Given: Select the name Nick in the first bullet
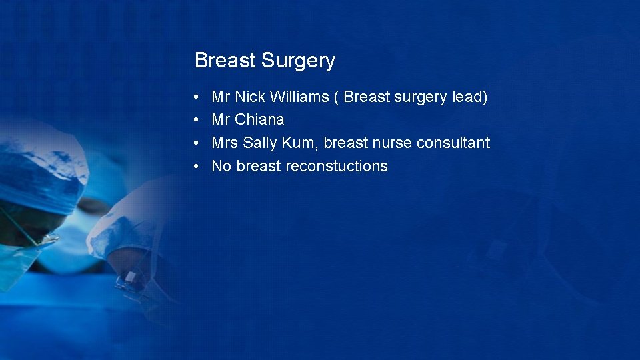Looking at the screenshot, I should (250, 97).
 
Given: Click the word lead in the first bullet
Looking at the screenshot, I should (469, 97).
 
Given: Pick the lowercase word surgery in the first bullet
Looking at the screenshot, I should (420, 97).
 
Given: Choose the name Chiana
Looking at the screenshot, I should (259, 120).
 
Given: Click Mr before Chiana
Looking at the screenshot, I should (221, 120).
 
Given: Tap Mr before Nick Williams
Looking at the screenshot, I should (221, 97).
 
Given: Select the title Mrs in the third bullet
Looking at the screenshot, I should (225, 143).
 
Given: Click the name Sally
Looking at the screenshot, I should (260, 143).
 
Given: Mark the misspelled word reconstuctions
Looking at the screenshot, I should (336, 166).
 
